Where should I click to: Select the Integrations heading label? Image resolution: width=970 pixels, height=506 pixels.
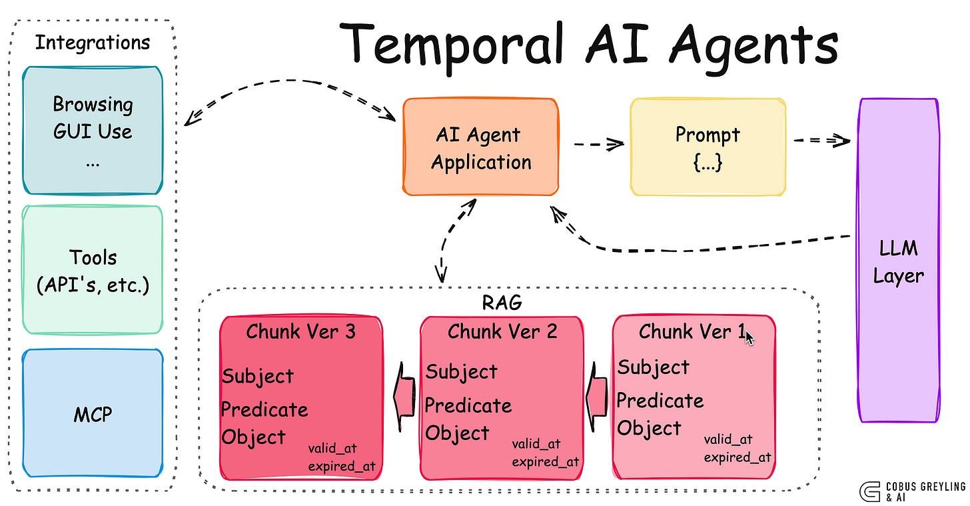click(x=93, y=43)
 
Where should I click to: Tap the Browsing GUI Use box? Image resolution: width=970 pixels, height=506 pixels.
click(x=93, y=130)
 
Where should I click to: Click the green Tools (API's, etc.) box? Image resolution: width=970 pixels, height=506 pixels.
click(x=93, y=269)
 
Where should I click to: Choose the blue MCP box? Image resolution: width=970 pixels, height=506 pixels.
click(x=93, y=414)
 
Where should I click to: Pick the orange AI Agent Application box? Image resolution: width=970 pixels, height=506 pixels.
click(x=480, y=147)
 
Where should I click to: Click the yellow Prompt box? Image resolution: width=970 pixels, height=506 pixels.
click(x=708, y=147)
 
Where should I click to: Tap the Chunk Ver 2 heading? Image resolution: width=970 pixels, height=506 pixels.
click(x=502, y=331)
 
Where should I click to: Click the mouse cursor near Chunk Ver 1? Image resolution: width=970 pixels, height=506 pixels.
click(x=749, y=337)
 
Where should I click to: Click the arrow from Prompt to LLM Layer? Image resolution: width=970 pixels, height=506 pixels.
click(x=821, y=141)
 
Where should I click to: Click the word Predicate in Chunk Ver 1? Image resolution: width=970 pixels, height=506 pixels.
click(x=660, y=401)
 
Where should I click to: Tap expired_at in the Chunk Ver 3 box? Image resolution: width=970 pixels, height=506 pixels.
click(x=341, y=465)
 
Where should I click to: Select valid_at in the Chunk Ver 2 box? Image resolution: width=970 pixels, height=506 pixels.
click(x=536, y=444)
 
